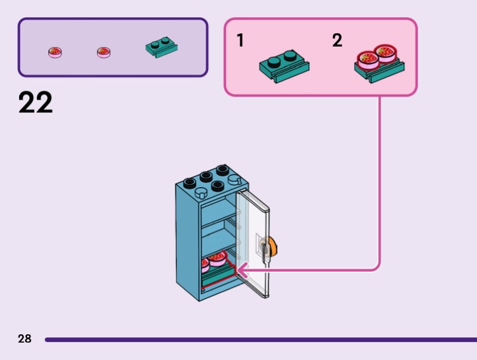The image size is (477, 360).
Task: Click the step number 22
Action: (x=36, y=103)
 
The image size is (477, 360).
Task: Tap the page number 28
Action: (x=24, y=339)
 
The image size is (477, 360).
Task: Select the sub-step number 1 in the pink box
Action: (x=240, y=41)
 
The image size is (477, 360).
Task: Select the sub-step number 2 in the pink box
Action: (x=337, y=41)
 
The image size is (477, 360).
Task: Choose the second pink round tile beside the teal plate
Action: (x=104, y=52)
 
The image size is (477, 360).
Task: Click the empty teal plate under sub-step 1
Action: (x=284, y=65)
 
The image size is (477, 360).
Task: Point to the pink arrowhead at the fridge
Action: (x=242, y=271)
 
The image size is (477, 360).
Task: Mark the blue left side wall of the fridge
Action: (x=188, y=238)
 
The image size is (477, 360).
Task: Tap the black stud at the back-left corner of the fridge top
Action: (x=190, y=182)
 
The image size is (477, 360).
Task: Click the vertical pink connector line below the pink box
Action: (x=380, y=179)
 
